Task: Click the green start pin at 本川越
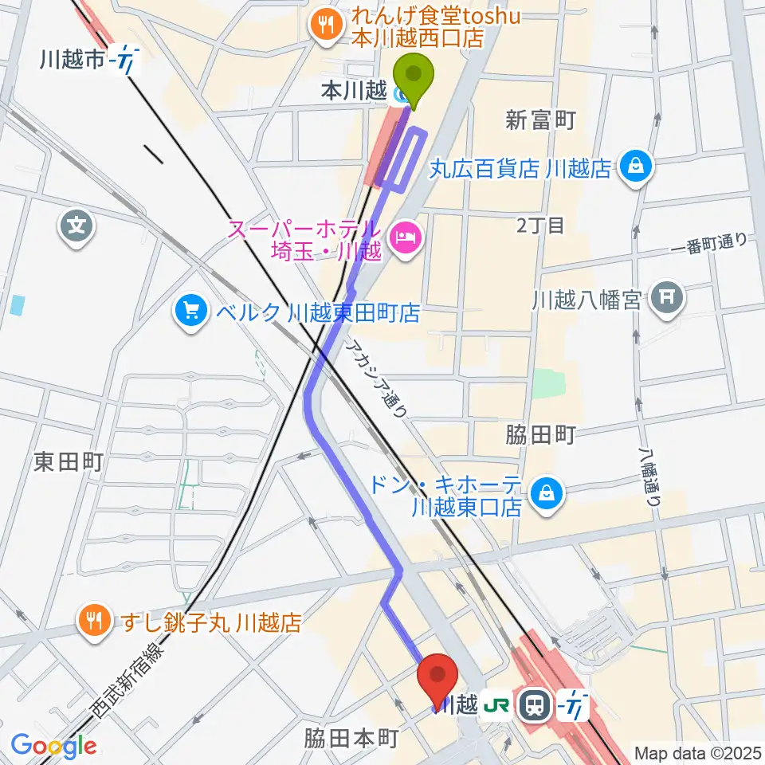(x=413, y=76)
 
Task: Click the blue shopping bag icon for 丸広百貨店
(x=639, y=167)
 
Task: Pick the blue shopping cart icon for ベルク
(x=190, y=310)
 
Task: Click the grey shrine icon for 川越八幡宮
(x=666, y=299)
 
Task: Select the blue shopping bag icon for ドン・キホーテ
(x=549, y=493)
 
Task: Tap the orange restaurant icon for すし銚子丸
(x=94, y=622)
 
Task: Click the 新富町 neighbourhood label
(x=540, y=120)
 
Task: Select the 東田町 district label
(x=69, y=461)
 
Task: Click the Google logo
(x=53, y=746)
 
